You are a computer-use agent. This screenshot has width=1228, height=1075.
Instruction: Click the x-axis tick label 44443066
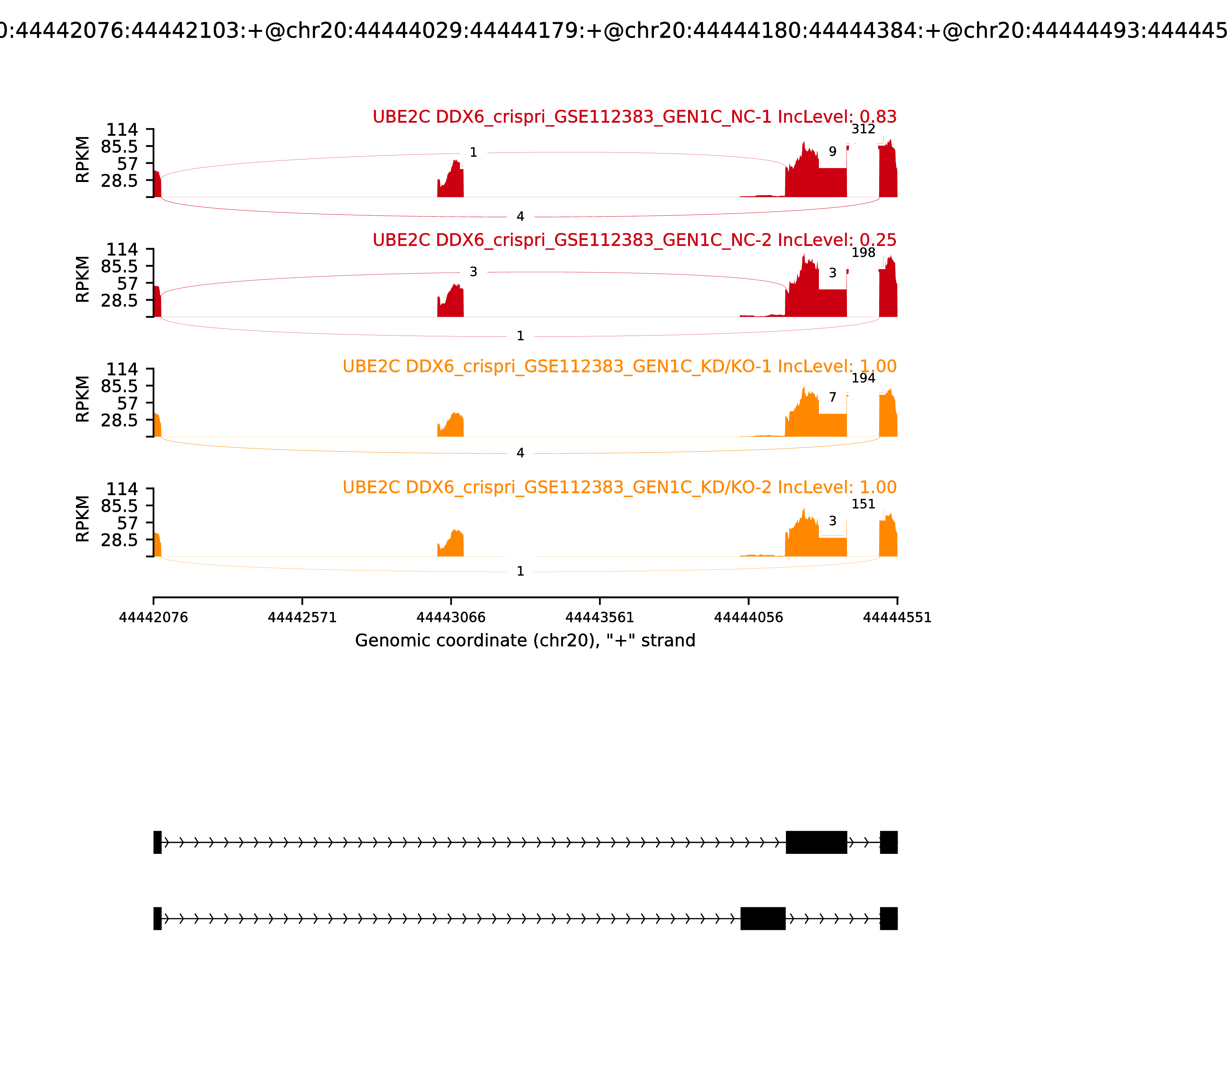pyautogui.click(x=451, y=618)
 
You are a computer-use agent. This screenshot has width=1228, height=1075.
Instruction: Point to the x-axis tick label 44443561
pyautogui.click(x=599, y=618)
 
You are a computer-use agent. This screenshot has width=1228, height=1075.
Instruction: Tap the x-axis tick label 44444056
pyautogui.click(x=748, y=618)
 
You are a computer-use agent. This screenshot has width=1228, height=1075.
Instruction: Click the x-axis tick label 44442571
pyautogui.click(x=302, y=618)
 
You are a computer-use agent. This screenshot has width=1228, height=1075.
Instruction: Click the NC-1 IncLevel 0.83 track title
pyautogui.click(x=634, y=117)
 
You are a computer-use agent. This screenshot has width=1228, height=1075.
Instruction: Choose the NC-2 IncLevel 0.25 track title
pyautogui.click(x=634, y=240)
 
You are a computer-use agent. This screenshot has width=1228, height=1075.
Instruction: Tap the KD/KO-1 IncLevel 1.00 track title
pyautogui.click(x=619, y=367)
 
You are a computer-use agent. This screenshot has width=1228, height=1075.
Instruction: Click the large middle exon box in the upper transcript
pyautogui.click(x=816, y=842)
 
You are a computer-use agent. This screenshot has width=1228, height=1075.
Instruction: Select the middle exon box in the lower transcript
pyautogui.click(x=763, y=918)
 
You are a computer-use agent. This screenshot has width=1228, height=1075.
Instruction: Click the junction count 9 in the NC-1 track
pyautogui.click(x=832, y=152)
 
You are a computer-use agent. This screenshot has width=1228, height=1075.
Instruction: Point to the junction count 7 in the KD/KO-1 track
pyautogui.click(x=832, y=398)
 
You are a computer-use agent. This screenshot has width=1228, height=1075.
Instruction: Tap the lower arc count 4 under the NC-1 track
pyautogui.click(x=520, y=217)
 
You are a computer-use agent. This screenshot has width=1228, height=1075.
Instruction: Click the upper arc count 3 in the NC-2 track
pyautogui.click(x=473, y=272)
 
